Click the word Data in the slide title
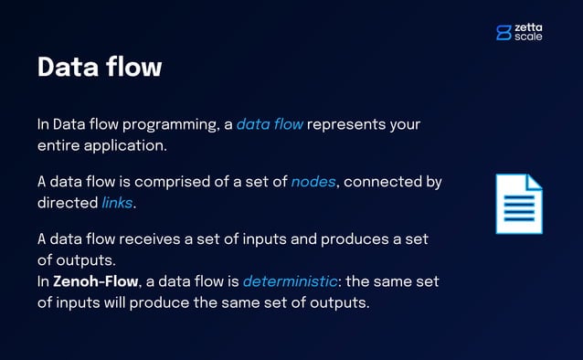(67, 67)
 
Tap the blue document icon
(518, 204)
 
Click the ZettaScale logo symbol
(503, 33)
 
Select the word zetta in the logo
(528, 28)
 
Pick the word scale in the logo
(528, 37)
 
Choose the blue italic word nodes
(313, 182)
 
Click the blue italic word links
(116, 202)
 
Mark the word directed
(67, 202)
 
